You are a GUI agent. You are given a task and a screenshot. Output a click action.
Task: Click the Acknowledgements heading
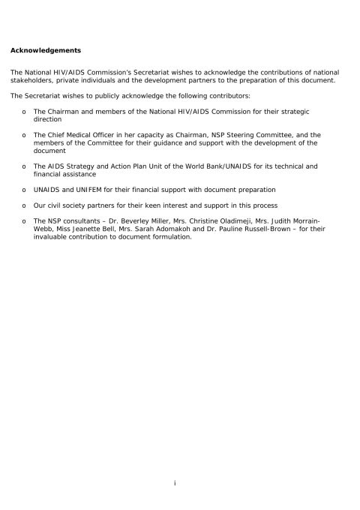pos(46,51)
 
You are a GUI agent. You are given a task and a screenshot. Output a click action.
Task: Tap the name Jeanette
pos(84,229)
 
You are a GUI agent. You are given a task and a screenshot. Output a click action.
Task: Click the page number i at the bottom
pos(175,484)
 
